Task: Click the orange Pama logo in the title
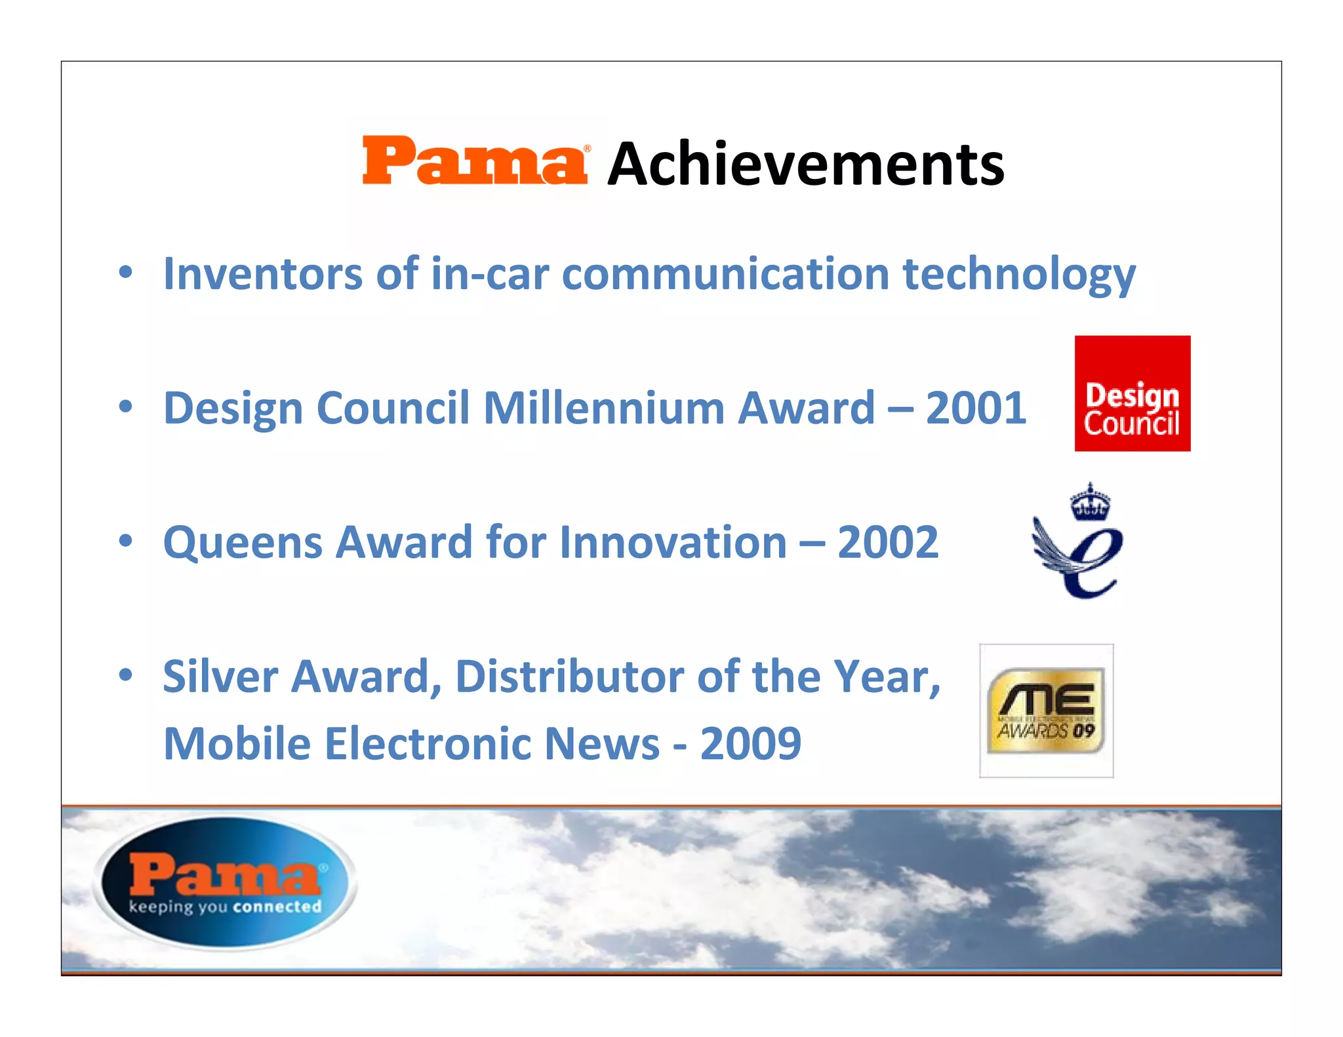[475, 161]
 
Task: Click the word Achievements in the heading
[805, 164]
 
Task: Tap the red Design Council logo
[1132, 393]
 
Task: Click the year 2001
[975, 408]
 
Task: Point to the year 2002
[887, 542]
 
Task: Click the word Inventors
[262, 273]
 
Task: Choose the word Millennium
[603, 408]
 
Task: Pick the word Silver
[220, 676]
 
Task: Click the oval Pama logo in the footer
[225, 882]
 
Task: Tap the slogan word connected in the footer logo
[277, 907]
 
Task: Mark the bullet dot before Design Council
[126, 407]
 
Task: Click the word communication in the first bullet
[725, 273]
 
